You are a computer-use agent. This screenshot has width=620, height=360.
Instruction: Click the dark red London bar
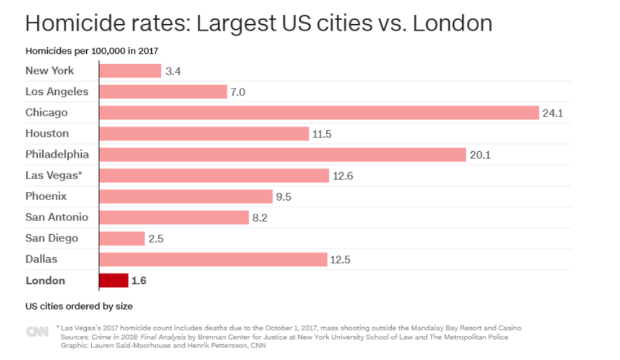tap(113, 281)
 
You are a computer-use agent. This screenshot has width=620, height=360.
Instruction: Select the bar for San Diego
tap(122, 239)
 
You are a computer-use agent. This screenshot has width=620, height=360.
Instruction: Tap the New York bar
tap(130, 71)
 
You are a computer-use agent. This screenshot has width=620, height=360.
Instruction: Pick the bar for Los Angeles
tap(163, 92)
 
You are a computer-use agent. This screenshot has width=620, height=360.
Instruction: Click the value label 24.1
tap(552, 113)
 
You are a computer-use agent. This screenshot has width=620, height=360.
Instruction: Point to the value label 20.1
tap(480, 155)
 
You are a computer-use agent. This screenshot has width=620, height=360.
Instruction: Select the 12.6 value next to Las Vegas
tap(343, 176)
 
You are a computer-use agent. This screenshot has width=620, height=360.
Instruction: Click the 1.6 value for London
tap(139, 281)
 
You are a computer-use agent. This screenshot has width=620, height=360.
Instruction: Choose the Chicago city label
tap(46, 113)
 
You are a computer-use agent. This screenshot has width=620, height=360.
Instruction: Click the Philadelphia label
tap(57, 154)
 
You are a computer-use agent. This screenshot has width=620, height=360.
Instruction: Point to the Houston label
tap(47, 133)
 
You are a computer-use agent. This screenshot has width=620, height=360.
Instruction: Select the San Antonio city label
tap(56, 217)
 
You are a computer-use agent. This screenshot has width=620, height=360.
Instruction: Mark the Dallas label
tap(41, 259)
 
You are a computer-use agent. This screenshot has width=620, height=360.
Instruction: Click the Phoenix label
tap(46, 196)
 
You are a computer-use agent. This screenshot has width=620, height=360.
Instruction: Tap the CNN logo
tap(37, 331)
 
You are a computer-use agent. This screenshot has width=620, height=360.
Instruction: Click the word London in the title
tap(452, 24)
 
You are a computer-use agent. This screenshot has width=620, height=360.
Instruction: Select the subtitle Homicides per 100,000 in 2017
tap(95, 51)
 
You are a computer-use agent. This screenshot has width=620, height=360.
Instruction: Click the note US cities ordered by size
tap(79, 306)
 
